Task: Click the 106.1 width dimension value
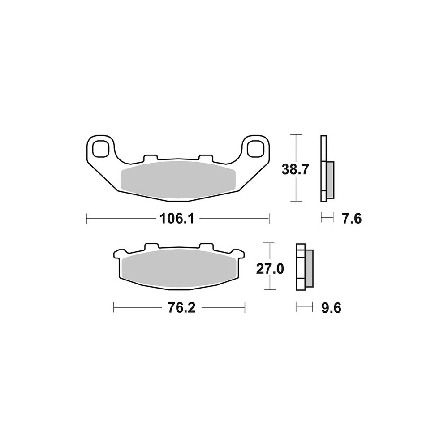click(x=177, y=219)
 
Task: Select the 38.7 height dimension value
click(x=295, y=170)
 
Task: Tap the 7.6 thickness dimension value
click(x=352, y=219)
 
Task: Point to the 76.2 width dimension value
click(x=181, y=308)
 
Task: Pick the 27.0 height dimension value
click(x=270, y=269)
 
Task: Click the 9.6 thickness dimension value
click(x=332, y=308)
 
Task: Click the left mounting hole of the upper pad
click(x=100, y=148)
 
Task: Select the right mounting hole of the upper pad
click(x=255, y=148)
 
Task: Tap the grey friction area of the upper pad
click(x=178, y=180)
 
